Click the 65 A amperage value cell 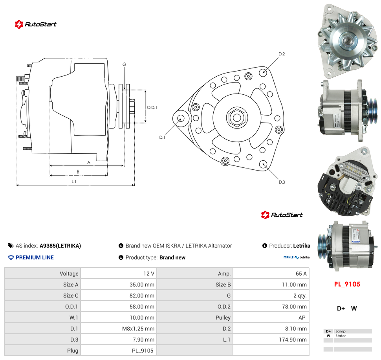[301, 274]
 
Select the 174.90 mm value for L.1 [293, 340]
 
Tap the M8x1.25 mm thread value [138, 329]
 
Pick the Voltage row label [69, 274]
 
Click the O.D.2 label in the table [224, 307]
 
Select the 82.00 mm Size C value [142, 296]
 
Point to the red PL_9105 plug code [347, 284]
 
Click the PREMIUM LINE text [35, 257]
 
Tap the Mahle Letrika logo [297, 257]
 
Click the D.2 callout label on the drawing [282, 54]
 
